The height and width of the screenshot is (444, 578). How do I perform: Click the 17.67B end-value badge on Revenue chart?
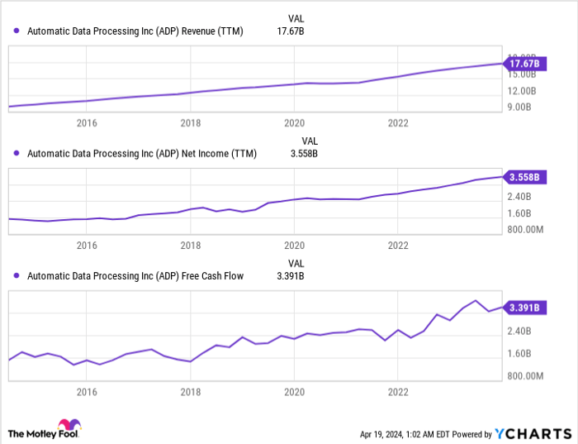(x=524, y=64)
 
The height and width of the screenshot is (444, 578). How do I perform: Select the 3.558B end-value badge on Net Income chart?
(x=524, y=177)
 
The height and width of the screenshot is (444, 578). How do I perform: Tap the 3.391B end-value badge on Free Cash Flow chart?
(x=524, y=308)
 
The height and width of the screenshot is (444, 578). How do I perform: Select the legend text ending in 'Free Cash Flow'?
(x=135, y=276)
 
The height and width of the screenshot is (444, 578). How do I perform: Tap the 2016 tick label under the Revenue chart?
(x=87, y=122)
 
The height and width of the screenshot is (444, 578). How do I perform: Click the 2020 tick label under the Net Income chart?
(x=295, y=246)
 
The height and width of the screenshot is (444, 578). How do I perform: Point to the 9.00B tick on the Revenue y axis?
(x=521, y=107)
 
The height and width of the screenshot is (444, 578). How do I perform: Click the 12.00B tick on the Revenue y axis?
(x=521, y=91)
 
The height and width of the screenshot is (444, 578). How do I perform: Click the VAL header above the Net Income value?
(x=310, y=141)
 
